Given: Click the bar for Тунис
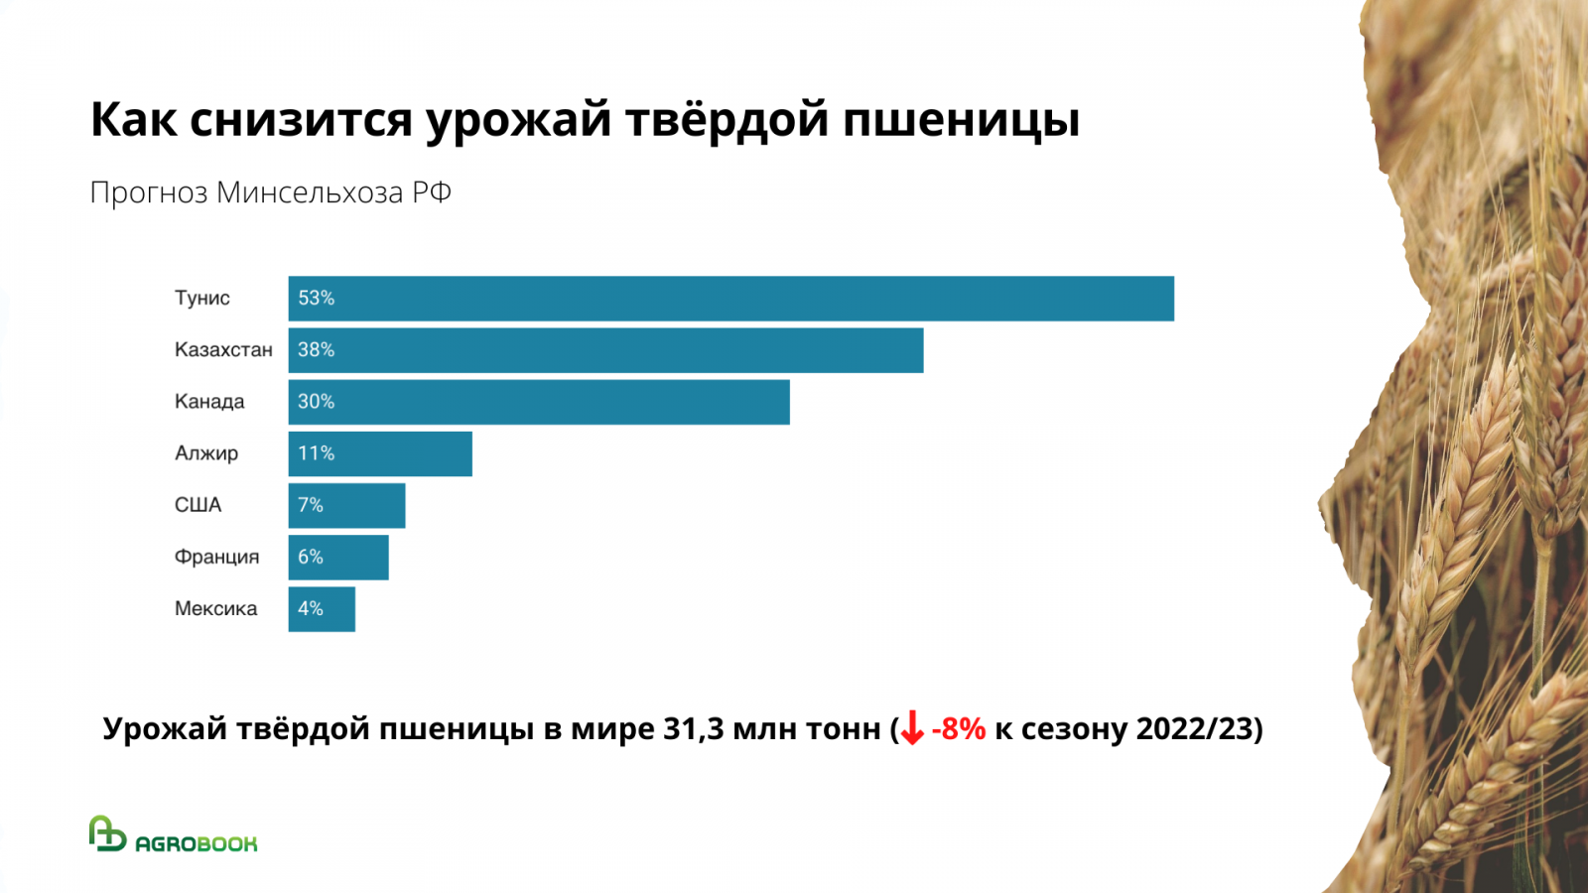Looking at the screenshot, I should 730,299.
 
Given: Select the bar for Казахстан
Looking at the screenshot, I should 605,350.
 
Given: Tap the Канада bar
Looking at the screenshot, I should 539,402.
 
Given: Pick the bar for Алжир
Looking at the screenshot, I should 380,453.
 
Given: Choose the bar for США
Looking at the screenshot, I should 346,505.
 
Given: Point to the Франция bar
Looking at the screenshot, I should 338,557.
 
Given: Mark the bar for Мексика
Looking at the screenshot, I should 322,608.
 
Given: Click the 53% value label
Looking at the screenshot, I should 317,299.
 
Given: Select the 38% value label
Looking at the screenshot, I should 317,350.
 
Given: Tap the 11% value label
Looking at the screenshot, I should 317,453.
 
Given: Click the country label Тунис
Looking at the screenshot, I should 202,299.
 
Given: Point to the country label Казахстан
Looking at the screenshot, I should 223,350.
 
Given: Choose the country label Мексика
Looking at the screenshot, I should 215,608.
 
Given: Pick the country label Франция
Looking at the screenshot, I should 216,557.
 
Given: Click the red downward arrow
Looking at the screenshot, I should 912,729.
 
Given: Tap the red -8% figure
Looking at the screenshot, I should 959,729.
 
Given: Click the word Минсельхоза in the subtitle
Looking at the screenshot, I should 310,192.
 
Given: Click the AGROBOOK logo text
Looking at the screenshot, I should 197,843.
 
